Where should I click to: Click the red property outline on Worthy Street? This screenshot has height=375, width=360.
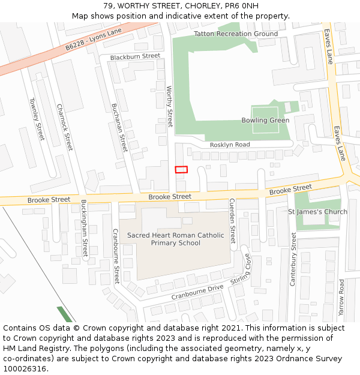click(181, 169)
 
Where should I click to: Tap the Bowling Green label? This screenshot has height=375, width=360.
click(265, 121)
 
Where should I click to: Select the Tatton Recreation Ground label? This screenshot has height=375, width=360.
click(236, 34)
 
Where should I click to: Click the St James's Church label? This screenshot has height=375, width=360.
click(317, 212)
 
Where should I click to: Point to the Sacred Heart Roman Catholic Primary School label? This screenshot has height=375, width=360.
click(175, 239)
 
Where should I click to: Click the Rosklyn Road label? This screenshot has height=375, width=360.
click(230, 145)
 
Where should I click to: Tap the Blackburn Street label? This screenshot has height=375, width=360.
click(135, 56)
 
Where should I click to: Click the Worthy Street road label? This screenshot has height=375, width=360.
click(169, 106)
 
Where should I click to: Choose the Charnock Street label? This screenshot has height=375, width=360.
click(65, 127)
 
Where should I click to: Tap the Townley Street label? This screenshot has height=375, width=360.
click(37, 119)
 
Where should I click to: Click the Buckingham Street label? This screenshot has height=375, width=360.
click(85, 228)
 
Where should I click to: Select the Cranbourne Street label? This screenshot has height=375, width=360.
click(116, 256)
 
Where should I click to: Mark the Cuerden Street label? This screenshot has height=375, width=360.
click(233, 221)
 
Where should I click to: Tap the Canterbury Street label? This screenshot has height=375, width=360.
click(293, 259)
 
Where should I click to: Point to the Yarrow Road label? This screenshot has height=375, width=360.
click(341, 298)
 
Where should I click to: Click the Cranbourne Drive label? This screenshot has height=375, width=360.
click(197, 292)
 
